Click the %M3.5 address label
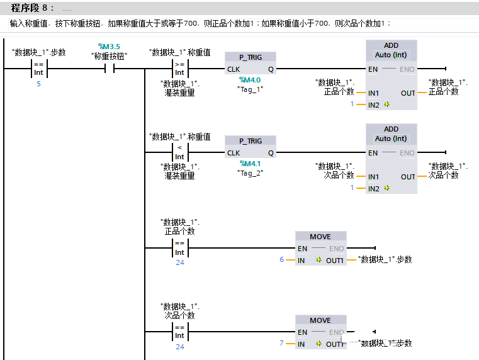point(109,47)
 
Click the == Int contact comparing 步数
point(39,69)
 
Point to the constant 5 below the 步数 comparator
point(38,84)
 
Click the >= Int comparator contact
point(179,69)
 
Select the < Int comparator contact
point(179,152)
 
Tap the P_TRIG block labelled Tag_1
point(251,64)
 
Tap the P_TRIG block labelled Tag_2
point(251,147)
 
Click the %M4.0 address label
point(251,80)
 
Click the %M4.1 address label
point(251,164)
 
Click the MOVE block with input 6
point(320,249)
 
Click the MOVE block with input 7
point(320,332)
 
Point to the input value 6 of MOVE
point(282,260)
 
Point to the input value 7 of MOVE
point(282,344)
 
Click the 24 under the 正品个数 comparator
point(180,262)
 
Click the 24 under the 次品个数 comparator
point(180,347)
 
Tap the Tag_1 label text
point(251,89)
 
